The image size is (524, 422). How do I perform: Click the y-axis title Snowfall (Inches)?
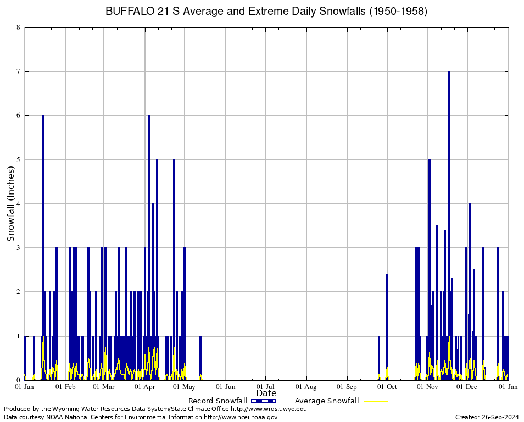tap(10, 204)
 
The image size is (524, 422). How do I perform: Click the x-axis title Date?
tap(266, 393)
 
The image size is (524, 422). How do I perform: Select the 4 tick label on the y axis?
tap(18, 204)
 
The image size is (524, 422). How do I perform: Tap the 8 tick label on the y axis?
tap(18, 27)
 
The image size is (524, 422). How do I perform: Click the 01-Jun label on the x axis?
tap(225, 387)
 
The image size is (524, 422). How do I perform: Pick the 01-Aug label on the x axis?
tap(306, 387)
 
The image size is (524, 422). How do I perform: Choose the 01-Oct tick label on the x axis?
tap(387, 387)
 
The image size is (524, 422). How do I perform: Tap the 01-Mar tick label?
tap(103, 387)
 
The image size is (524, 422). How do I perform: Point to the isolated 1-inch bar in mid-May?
tap(200, 357)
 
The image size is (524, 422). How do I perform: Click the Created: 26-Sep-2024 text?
tap(487, 417)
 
